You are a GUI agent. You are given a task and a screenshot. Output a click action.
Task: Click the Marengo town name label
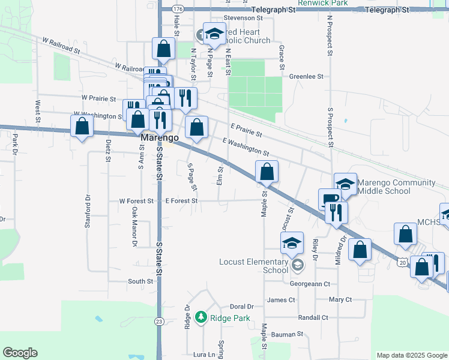tap(160, 138)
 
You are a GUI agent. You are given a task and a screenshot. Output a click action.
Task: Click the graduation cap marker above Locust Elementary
tap(292, 242)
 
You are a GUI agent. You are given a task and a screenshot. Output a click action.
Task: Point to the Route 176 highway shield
tap(178, 10)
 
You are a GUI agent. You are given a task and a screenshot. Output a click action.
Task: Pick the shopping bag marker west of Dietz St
tap(82, 127)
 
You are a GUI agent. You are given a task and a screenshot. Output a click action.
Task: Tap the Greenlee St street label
tap(306, 77)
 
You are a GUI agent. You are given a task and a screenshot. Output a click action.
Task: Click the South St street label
tap(140, 281)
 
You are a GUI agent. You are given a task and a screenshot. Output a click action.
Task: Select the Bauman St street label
tap(287, 334)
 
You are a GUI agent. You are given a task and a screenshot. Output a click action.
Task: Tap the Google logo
tap(20, 353)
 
